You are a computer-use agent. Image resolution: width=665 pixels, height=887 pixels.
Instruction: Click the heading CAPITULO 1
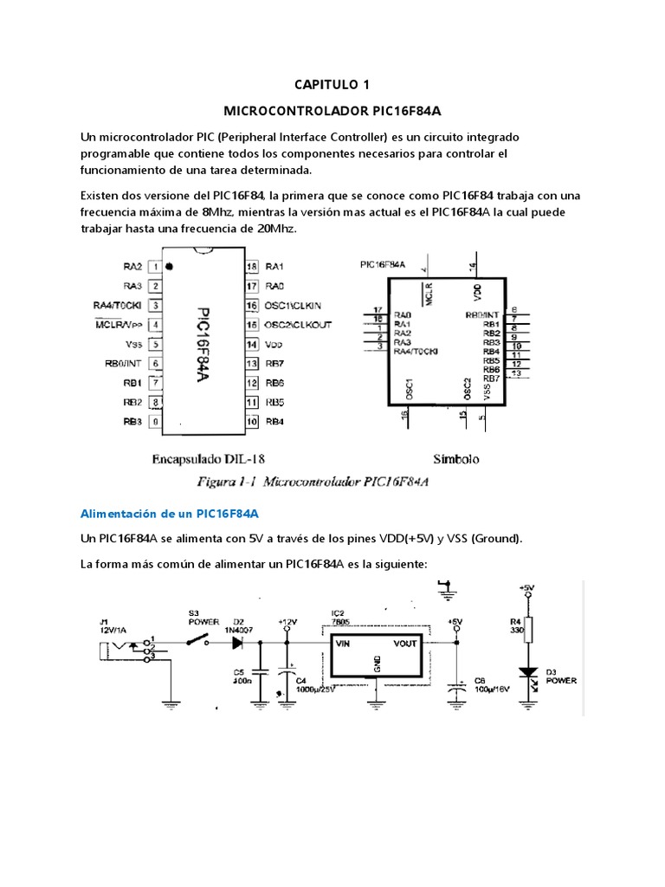point(332,84)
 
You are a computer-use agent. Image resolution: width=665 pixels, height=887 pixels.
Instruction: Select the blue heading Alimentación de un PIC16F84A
point(170,514)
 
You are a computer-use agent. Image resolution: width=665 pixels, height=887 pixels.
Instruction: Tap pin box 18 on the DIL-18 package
point(253,266)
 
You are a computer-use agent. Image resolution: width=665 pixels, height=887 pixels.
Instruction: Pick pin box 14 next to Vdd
point(253,344)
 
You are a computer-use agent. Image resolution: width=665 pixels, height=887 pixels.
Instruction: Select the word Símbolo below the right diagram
point(455,460)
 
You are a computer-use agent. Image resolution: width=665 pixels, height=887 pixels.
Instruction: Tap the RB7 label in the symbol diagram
point(491,378)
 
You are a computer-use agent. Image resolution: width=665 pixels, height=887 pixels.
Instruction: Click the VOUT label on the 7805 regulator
point(404,643)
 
